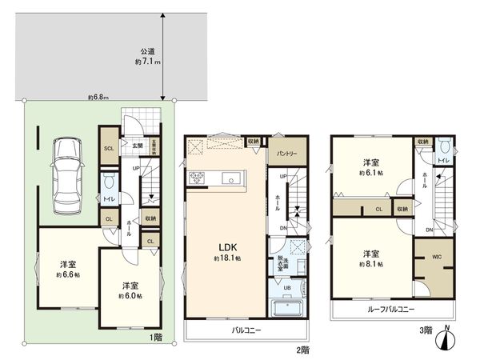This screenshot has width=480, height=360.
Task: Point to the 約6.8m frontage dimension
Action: pos(99,98)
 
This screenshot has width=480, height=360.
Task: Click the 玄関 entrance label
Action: pos(138,146)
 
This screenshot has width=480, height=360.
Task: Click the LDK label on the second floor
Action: pos(226,247)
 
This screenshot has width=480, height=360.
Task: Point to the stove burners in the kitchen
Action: pos(197,178)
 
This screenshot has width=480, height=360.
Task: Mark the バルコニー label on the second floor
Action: pos(247,330)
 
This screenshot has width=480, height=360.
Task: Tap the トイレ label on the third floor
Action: pos(442,161)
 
